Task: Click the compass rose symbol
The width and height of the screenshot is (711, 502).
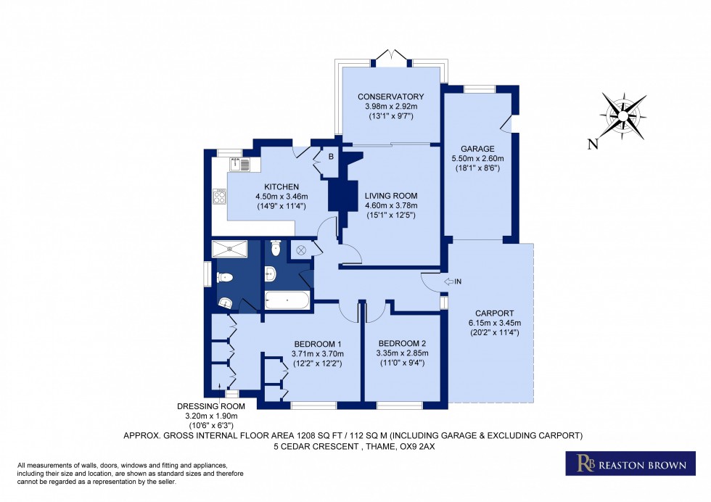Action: tap(623, 115)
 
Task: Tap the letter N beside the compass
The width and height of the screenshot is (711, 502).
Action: tap(593, 144)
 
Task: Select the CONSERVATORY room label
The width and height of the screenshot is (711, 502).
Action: tap(390, 96)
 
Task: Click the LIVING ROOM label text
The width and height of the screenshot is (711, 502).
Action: tap(391, 195)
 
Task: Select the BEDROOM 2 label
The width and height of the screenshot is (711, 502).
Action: tap(401, 343)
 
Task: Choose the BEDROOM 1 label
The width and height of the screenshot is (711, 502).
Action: tap(317, 343)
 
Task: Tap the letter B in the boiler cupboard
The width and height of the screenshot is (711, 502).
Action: tap(330, 156)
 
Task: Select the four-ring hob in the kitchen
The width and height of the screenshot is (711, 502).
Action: tap(219, 195)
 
